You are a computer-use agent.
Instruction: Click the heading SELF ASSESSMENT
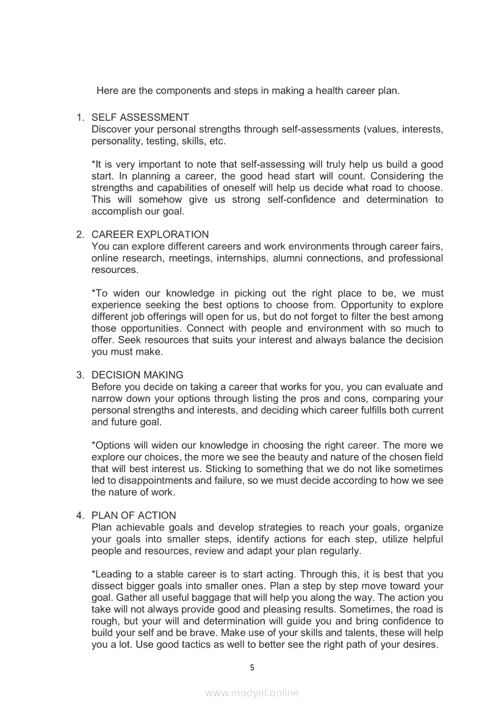click(x=140, y=117)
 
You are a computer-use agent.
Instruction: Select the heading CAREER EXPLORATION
click(x=149, y=235)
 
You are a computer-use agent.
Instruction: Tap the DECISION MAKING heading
click(x=137, y=375)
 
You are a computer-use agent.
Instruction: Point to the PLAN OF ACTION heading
click(x=134, y=515)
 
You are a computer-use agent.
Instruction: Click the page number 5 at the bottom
click(x=252, y=668)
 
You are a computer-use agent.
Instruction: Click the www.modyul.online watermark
click(x=252, y=693)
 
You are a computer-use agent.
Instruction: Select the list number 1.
click(x=79, y=117)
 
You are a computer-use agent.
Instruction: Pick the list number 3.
click(x=79, y=375)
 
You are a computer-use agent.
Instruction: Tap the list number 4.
click(x=79, y=515)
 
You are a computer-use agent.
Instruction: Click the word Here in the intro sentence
click(x=107, y=92)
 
